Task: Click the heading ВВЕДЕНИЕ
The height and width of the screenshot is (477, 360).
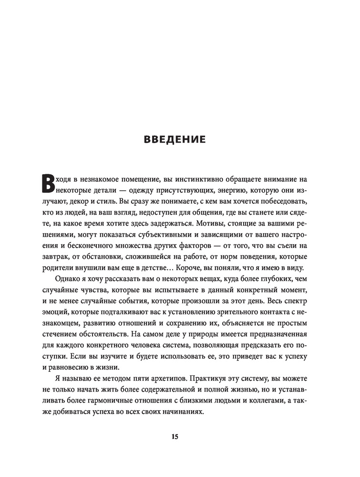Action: click(x=175, y=140)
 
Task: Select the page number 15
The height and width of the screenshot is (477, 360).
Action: click(x=175, y=436)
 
